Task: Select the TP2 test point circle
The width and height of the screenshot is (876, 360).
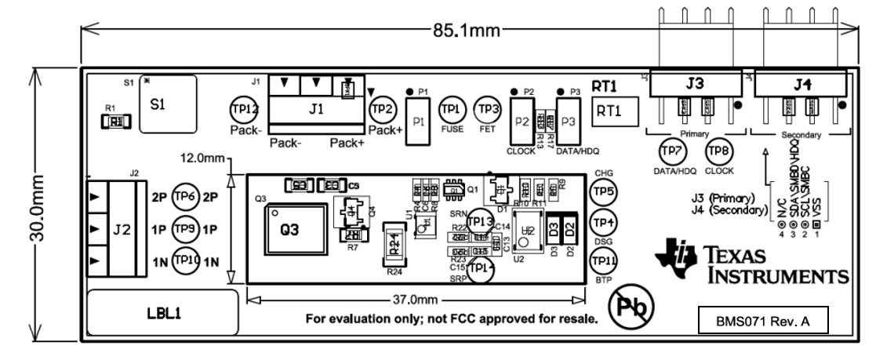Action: pos(382,109)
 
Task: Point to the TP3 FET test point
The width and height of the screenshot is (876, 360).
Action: pos(489,109)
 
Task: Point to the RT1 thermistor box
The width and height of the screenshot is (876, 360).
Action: pos(612,111)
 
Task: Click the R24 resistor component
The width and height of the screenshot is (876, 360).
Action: pos(396,245)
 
